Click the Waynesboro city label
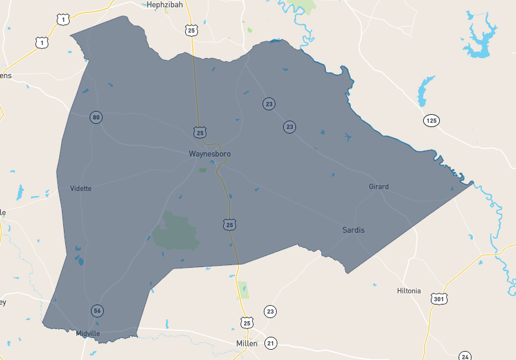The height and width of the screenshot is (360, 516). pos(210,154)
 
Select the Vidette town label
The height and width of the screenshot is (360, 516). pos(81,188)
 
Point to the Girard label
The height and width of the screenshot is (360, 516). pos(379,186)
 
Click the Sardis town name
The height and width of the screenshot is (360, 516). pos(353,230)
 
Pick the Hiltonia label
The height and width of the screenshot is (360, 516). pos(409,291)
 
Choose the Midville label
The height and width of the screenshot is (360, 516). pos(88,334)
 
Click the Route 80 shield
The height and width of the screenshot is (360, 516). pos(96,117)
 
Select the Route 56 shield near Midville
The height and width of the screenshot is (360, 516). pos(97,311)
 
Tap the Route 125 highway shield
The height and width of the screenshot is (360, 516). pos(431,121)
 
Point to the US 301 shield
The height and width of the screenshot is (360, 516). pos(439,299)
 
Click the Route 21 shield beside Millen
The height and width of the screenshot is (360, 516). pos(270,343)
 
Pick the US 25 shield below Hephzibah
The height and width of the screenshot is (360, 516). pos(191,30)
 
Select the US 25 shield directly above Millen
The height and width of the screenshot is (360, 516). pos(248,322)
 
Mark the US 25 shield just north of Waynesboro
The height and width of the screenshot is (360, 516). pos(200,132)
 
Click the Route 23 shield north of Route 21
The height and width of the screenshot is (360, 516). pos(270,312)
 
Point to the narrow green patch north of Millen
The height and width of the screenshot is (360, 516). pos(243,290)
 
